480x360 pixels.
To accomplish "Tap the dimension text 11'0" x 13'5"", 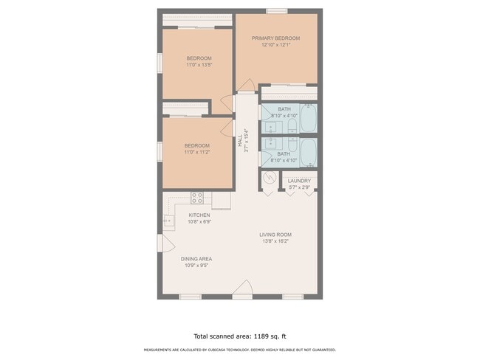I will [x=198, y=65].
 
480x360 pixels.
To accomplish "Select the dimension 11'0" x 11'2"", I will [x=197, y=152].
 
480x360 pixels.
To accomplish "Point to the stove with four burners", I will [x=197, y=197].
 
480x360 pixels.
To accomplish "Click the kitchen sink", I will [x=168, y=220].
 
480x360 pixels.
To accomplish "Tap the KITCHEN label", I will [x=199, y=215].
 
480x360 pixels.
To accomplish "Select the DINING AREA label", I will [x=196, y=259].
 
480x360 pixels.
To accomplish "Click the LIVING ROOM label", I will [x=275, y=235].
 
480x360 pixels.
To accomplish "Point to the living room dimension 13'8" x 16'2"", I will [x=275, y=241].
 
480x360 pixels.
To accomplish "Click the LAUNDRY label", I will [x=298, y=181].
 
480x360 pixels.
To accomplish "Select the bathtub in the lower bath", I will [x=309, y=151].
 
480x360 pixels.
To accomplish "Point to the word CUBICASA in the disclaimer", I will [x=218, y=350].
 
